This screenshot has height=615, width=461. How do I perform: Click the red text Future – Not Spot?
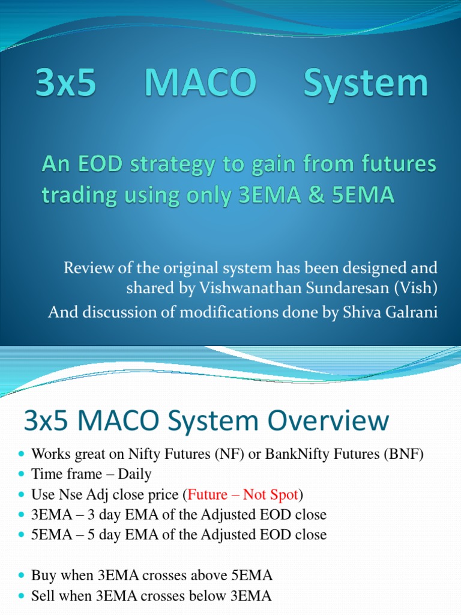pyautogui.click(x=243, y=494)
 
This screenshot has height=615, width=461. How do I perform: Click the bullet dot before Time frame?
pyautogui.click(x=22, y=474)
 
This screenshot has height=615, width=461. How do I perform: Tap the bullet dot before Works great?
pyautogui.click(x=22, y=455)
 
